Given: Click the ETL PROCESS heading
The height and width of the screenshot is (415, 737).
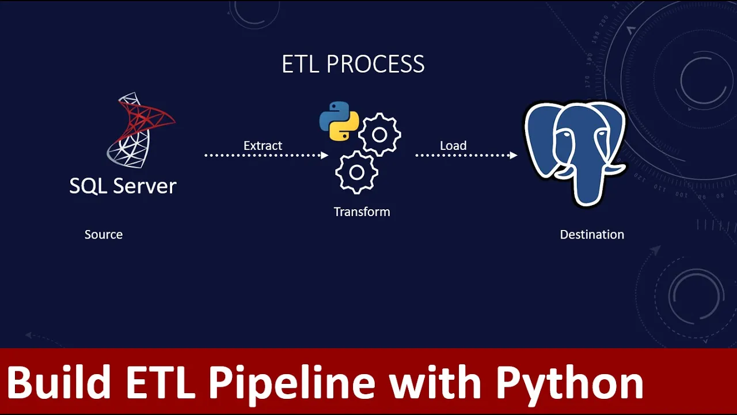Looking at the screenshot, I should pyautogui.click(x=353, y=64).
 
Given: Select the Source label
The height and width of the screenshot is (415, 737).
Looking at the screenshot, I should pyautogui.click(x=104, y=235).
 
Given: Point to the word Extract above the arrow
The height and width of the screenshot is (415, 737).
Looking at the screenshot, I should pyautogui.click(x=263, y=146).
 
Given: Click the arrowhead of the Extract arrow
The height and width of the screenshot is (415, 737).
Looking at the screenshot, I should pyautogui.click(x=325, y=155).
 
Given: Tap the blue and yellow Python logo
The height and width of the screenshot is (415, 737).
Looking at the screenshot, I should pyautogui.click(x=339, y=121).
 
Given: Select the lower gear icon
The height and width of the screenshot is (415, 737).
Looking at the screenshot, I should pyautogui.click(x=356, y=172).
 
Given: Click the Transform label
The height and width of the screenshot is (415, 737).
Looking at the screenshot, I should pyautogui.click(x=362, y=212).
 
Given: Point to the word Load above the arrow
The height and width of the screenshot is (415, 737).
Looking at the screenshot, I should pyautogui.click(x=453, y=146).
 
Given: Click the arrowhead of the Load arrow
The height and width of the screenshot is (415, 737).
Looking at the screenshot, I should pyautogui.click(x=514, y=155).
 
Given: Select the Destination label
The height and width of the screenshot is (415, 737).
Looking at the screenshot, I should pyautogui.click(x=592, y=235).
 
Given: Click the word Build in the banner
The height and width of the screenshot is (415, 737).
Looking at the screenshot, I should pyautogui.click(x=59, y=383).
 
